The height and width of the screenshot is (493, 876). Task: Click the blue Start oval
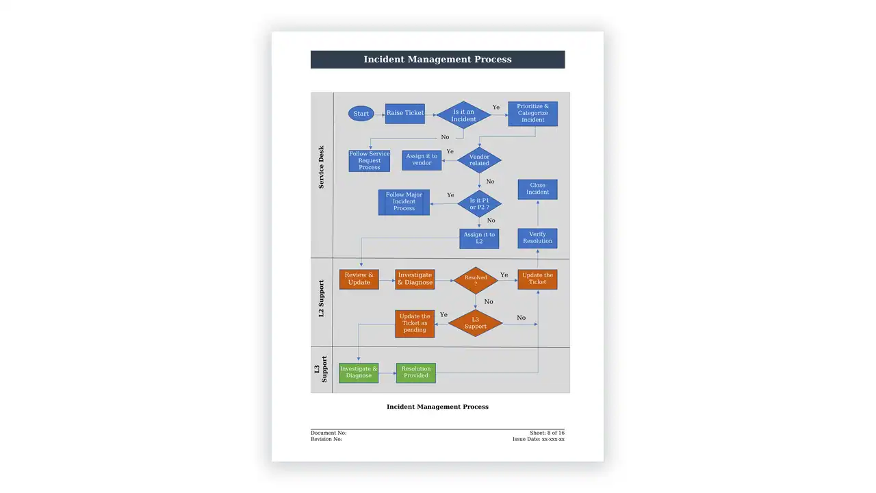[361, 114]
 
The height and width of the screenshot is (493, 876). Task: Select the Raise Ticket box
[404, 114]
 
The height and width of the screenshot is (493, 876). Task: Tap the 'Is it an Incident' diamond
[463, 115]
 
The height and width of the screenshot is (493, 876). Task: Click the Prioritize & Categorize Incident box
[532, 114]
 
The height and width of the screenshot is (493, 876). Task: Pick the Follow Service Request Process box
[369, 160]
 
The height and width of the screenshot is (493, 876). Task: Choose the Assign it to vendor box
[422, 160]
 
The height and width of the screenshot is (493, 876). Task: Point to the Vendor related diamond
[479, 160]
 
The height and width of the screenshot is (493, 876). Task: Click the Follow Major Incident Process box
[404, 202]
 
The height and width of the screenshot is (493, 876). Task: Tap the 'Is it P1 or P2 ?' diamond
[479, 203]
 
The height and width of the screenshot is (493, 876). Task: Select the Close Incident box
[537, 190]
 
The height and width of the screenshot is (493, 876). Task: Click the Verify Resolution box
[537, 238]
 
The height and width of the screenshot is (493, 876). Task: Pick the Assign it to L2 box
[479, 239]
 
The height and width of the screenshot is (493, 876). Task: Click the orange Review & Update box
[359, 279]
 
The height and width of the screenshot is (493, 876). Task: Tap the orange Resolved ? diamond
[476, 280]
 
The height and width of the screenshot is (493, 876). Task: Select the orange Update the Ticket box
[537, 279]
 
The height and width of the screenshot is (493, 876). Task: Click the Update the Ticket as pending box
[415, 324]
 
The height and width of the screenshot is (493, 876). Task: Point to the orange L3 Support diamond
[475, 323]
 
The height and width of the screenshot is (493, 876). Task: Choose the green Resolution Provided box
[415, 372]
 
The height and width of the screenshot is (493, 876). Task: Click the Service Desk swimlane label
[321, 168]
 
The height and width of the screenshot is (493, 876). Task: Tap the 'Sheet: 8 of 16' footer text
[547, 433]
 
